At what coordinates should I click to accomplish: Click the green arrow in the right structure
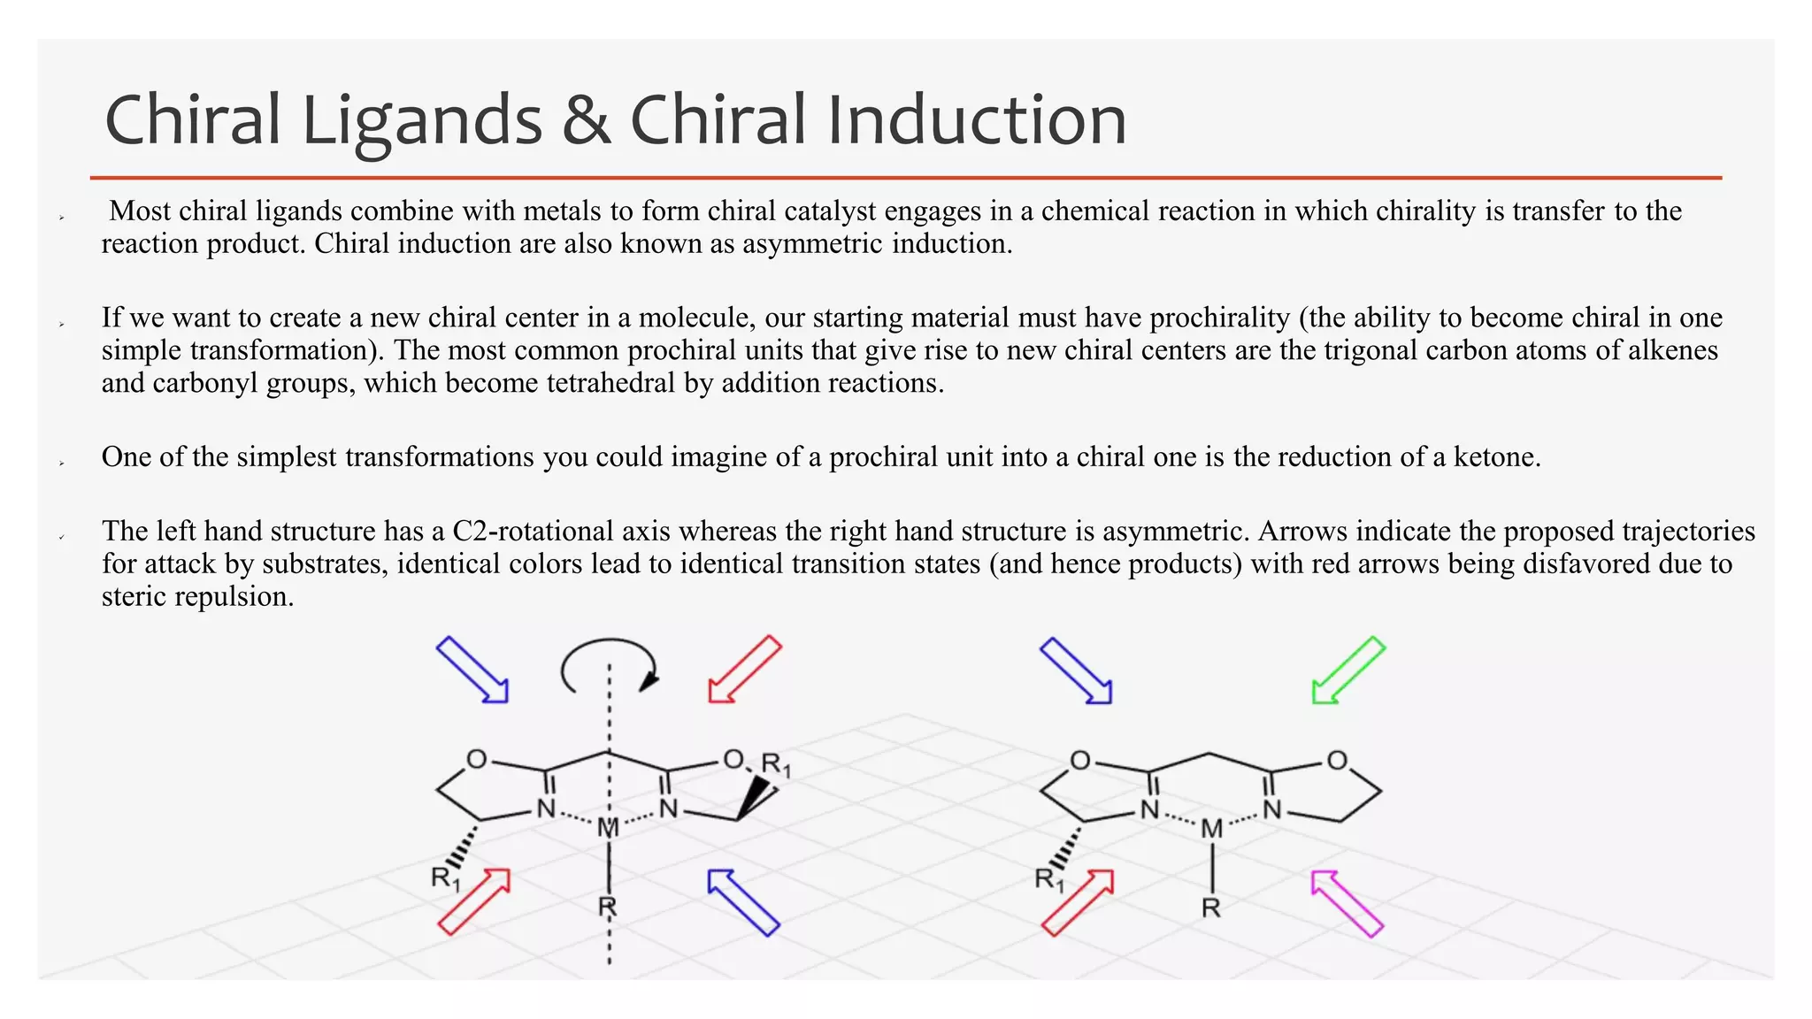point(1347,670)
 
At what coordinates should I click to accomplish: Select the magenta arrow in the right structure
point(1346,903)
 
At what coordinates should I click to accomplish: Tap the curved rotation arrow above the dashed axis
point(609,663)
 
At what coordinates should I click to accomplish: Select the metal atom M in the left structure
point(608,828)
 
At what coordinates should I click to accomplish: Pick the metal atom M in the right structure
point(1211,829)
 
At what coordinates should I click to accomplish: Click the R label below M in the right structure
point(1211,908)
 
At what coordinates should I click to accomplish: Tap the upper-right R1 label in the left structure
point(776,764)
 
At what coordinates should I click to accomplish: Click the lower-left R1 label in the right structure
point(1049,879)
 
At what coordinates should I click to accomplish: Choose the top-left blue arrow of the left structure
point(472,670)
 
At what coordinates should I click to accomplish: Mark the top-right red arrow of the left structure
point(745,669)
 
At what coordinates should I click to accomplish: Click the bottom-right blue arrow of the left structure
point(743,902)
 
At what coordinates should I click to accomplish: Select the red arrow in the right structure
point(1077,902)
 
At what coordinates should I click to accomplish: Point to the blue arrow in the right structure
point(1076,670)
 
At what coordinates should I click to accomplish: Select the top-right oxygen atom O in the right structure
point(1337,761)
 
